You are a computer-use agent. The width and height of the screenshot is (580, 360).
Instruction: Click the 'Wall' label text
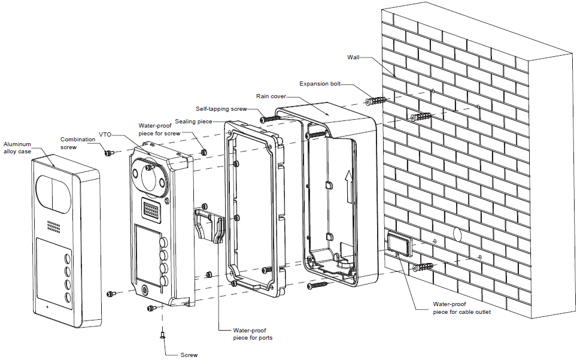tap(353, 58)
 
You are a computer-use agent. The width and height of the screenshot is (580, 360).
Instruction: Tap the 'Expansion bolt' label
tap(320, 84)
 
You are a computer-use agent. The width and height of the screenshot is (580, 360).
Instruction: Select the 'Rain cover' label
tap(271, 95)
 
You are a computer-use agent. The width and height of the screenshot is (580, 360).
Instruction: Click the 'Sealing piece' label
tap(193, 122)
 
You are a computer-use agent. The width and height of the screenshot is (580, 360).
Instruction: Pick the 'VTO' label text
tap(105, 135)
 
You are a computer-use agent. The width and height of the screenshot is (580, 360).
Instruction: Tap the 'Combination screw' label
tap(78, 143)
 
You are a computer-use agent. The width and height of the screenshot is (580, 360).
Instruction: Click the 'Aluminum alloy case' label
tap(17, 148)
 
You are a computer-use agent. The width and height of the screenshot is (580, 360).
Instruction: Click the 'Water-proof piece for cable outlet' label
tap(461, 308)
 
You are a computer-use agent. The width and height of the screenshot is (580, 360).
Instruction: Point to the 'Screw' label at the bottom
tap(189, 355)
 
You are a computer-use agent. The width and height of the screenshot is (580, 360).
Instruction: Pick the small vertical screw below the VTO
tap(162, 336)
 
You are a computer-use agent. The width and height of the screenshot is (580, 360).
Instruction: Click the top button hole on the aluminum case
tap(67, 260)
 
